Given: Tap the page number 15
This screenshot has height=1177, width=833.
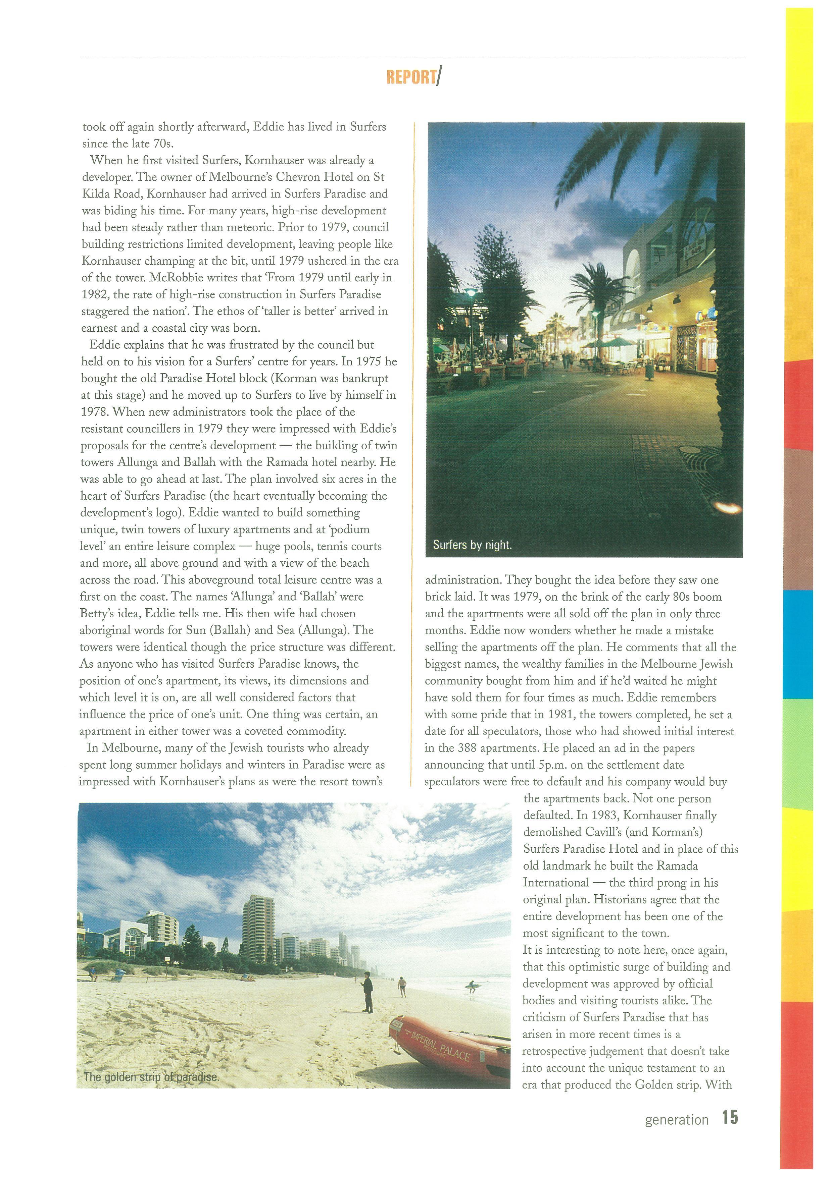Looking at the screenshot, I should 730,1118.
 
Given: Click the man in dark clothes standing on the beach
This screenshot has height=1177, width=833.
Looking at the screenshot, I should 367,992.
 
